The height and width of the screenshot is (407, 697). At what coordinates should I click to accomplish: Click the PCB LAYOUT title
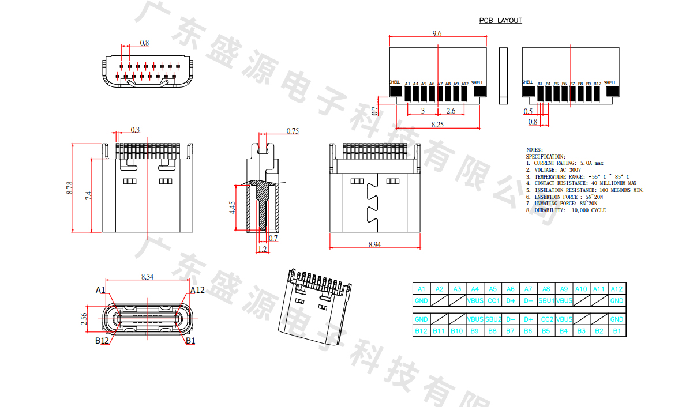500,21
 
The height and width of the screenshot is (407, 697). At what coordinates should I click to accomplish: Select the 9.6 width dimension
437,34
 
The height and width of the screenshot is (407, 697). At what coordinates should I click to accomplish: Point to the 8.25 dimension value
437,125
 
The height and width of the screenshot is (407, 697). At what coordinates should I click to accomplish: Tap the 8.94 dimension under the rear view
374,245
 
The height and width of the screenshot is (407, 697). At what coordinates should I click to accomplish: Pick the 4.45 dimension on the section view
233,208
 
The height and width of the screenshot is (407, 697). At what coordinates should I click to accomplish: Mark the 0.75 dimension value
293,131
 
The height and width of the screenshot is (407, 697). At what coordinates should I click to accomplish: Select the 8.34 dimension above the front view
147,277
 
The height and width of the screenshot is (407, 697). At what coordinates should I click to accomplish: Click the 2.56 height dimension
84,319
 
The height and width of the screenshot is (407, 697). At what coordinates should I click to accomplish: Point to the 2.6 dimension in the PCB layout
451,111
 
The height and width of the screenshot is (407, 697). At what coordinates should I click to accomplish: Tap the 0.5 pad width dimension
528,111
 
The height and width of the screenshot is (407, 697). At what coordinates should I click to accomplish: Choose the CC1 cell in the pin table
493,301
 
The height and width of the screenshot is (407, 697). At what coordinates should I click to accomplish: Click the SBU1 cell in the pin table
546,301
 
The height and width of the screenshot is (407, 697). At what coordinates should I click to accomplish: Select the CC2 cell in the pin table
546,319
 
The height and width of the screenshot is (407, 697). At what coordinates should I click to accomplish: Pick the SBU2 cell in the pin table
493,319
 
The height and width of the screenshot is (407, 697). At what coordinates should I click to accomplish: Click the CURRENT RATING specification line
564,163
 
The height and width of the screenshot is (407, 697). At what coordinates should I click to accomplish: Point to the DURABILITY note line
565,210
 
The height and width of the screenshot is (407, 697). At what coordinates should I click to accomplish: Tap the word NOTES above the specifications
535,150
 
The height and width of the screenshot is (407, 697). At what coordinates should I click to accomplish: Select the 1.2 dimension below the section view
263,250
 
